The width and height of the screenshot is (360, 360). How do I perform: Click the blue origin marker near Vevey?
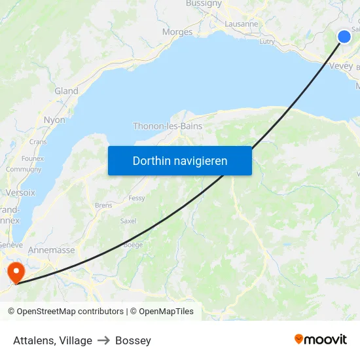point(344,37)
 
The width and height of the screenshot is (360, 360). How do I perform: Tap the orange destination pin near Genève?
point(14,272)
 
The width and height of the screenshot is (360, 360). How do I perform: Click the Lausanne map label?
point(241,24)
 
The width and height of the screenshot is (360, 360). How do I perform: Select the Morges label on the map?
point(177,31)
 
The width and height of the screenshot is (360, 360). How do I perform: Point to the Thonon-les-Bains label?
point(168,126)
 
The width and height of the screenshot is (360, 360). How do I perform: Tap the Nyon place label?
point(54,120)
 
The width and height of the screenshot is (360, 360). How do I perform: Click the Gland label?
point(66,91)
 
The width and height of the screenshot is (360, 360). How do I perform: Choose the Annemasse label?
point(51,250)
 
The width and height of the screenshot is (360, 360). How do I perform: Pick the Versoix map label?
point(20,192)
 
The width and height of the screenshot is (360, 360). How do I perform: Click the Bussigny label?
point(204,3)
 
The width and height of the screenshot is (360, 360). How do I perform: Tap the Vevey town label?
point(341,65)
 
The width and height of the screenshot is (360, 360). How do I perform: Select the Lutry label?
point(267,41)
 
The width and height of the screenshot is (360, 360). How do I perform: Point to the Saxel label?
point(128,221)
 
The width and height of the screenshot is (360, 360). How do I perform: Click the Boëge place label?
point(133,245)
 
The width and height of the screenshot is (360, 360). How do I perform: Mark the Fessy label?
point(137,198)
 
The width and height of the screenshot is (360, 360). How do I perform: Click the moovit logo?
point(320,339)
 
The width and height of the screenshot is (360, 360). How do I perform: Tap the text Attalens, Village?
point(52,340)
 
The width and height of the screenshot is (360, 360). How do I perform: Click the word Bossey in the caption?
point(133,340)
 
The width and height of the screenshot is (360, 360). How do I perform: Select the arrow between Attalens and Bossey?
point(103,340)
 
